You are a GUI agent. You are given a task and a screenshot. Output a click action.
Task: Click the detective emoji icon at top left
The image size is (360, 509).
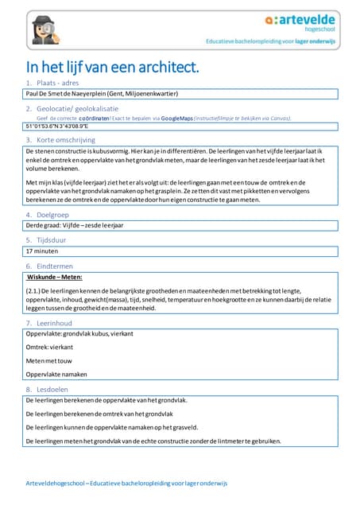coord(40,28)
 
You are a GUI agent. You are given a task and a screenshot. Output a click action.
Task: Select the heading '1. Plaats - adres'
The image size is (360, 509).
coord(57,83)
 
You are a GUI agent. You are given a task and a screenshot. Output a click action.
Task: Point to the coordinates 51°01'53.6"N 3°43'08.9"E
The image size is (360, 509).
coord(56,126)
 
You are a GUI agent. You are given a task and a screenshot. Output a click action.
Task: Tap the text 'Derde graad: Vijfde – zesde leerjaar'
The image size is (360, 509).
coord(75,225)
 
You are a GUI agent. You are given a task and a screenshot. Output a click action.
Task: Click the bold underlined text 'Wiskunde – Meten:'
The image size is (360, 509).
coord(54,278)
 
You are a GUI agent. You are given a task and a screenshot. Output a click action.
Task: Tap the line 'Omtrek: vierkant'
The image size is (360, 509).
coord(49,348)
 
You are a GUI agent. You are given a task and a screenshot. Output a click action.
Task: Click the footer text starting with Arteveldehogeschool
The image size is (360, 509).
coord(126,483)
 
